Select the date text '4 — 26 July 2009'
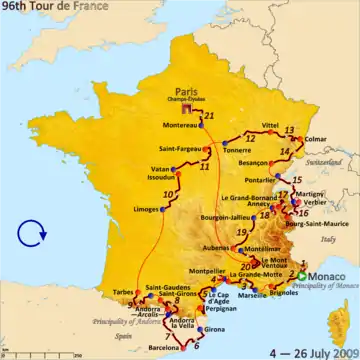click(x=310, y=351)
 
